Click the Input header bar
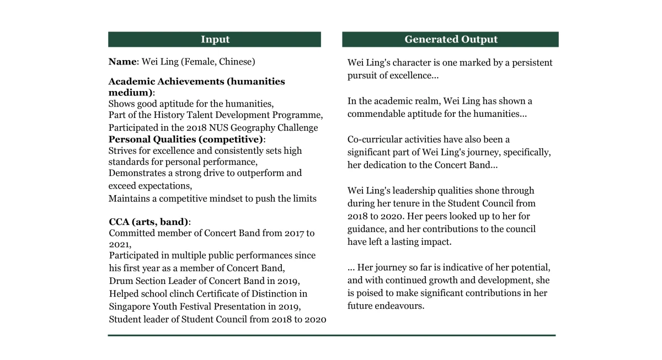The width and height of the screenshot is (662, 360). click(x=215, y=39)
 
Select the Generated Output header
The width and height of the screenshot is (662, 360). click(x=450, y=39)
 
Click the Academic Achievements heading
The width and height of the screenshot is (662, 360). click(x=196, y=82)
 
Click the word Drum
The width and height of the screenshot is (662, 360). click(x=120, y=281)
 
